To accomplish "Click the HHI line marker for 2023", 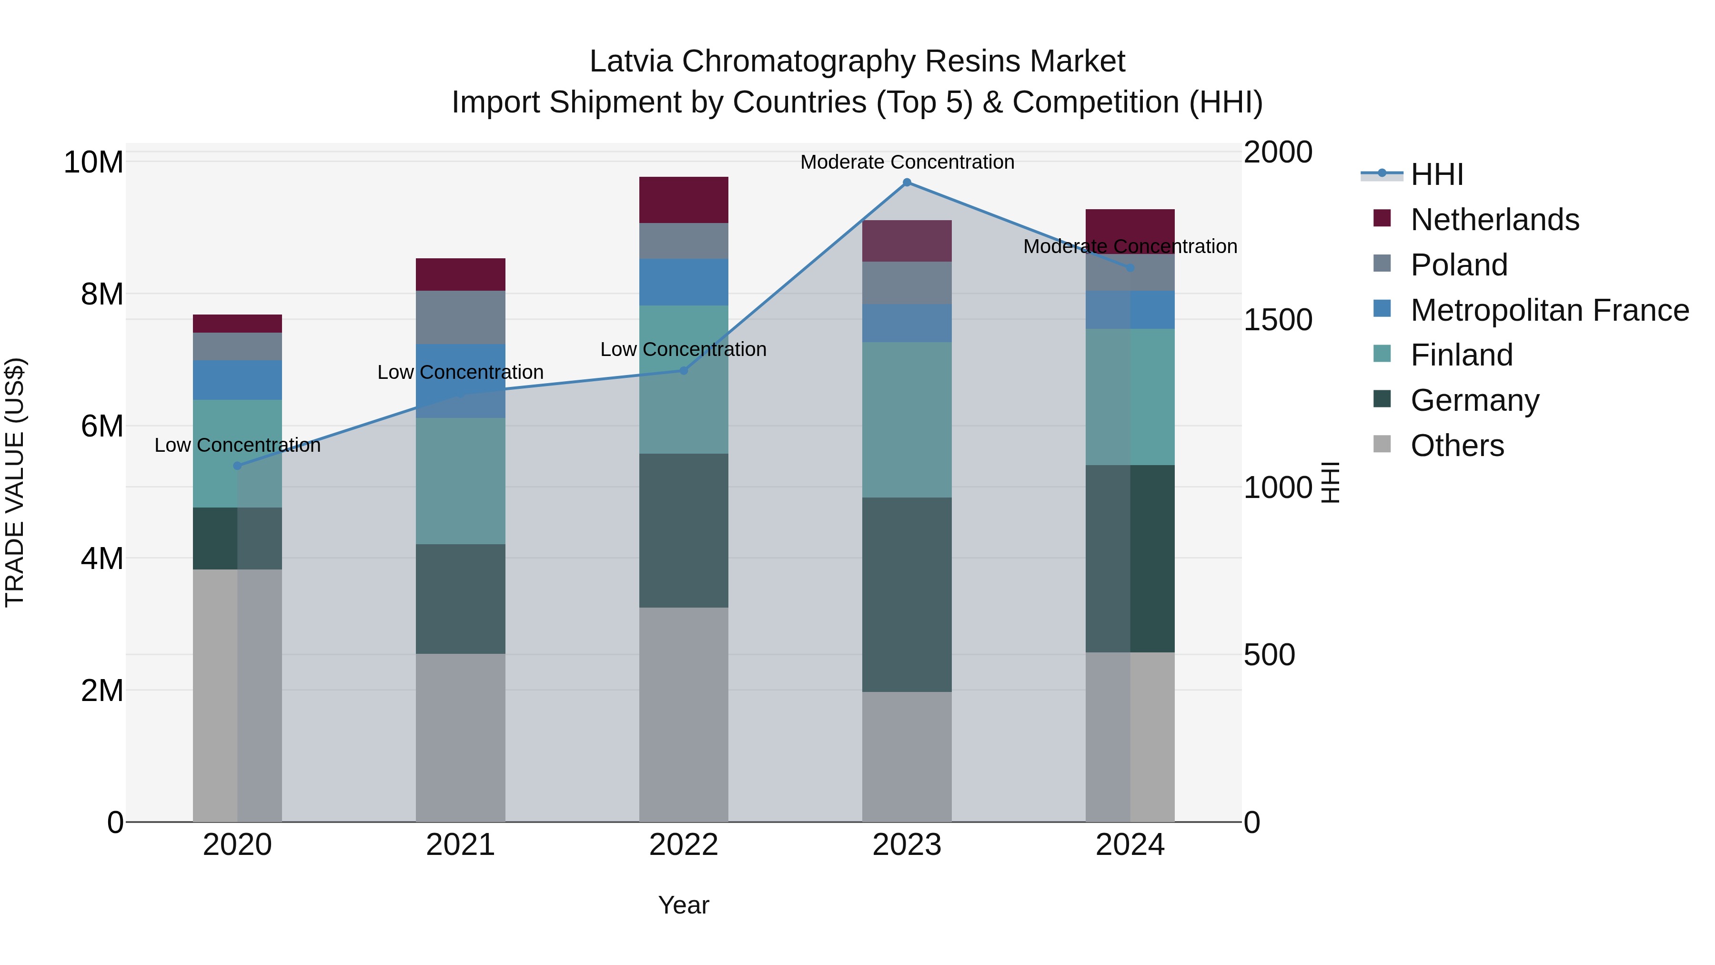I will click(x=906, y=183).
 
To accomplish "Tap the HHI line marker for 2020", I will click(x=237, y=466).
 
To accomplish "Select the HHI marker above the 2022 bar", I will click(x=683, y=370).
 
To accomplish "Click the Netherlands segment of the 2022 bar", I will click(x=683, y=200).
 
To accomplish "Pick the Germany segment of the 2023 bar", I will click(x=906, y=594).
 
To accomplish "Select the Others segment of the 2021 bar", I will click(x=460, y=737).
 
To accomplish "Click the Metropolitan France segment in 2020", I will click(x=237, y=380).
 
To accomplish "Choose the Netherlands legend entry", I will click(x=1494, y=220).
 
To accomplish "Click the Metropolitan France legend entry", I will click(x=1549, y=310).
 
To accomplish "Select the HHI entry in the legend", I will click(x=1437, y=174).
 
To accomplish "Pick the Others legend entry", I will click(x=1457, y=446).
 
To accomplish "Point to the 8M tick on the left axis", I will click(x=102, y=294).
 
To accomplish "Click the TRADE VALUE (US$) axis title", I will click(x=15, y=482).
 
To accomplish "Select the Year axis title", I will click(x=683, y=905).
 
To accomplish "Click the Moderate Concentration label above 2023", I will click(x=907, y=162).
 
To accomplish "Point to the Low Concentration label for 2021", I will click(x=460, y=372).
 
